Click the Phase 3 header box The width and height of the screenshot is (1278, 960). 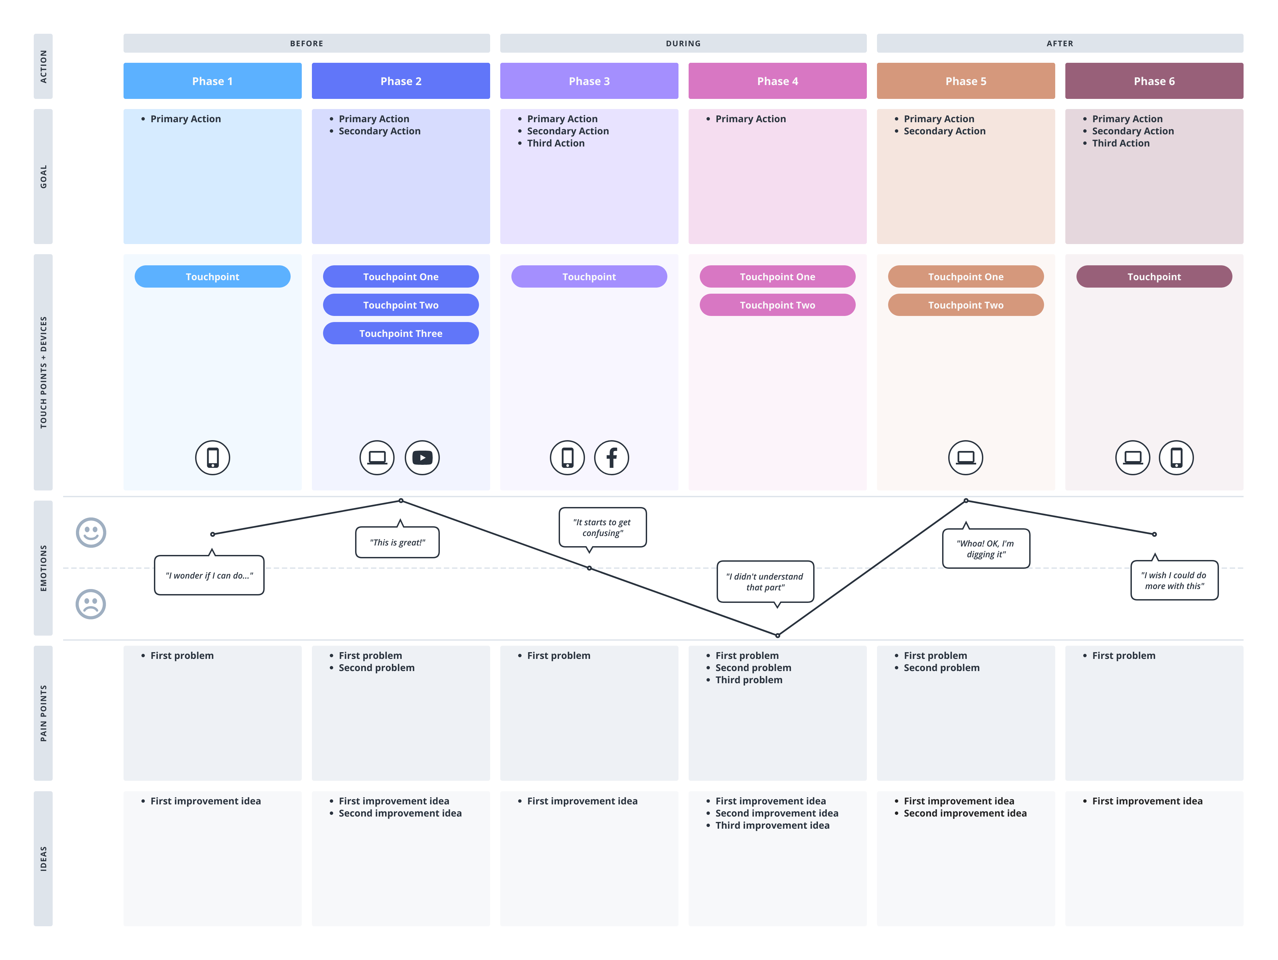tap(589, 81)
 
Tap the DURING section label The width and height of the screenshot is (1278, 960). tap(683, 43)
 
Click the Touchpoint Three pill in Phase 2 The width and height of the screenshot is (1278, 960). tap(400, 333)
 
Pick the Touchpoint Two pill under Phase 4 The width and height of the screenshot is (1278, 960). tap(777, 305)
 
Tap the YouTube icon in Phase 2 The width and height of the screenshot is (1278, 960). tap(422, 457)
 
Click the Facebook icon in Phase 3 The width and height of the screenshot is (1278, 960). tap(611, 457)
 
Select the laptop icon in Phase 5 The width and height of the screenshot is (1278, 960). tap(965, 457)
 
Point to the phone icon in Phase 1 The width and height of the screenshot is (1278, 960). tap(213, 457)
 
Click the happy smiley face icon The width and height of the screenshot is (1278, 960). tap(91, 532)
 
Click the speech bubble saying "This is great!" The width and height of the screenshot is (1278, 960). tap(398, 542)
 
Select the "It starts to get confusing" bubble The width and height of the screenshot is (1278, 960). tap(602, 527)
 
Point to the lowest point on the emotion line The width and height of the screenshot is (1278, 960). tap(777, 635)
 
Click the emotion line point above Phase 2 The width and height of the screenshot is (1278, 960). tap(400, 501)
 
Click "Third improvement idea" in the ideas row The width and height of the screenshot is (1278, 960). tap(772, 825)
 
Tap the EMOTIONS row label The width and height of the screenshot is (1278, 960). tap(43, 568)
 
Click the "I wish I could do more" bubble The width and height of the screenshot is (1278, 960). tap(1174, 581)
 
